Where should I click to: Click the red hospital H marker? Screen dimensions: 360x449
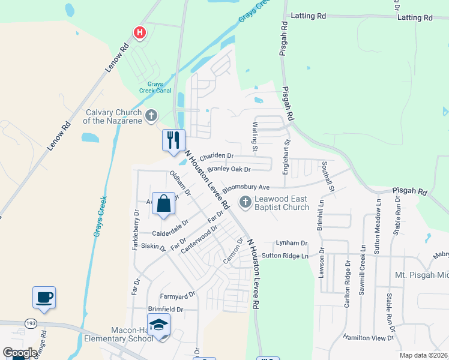coord(140,32)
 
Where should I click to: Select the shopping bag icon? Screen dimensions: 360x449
coord(163,203)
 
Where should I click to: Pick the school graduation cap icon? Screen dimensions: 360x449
coord(159,326)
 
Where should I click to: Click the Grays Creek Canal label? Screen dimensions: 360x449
coord(155,88)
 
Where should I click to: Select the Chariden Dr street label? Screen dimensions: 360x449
coord(217,156)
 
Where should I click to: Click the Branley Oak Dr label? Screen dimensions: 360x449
coord(228,169)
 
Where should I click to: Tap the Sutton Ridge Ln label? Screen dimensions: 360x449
coord(285,256)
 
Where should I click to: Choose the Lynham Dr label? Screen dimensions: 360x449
coord(291,243)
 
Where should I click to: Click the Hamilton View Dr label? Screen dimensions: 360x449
coord(368,338)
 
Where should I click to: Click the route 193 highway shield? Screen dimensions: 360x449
coord(31,323)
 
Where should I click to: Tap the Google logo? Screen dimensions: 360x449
coord(20,353)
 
